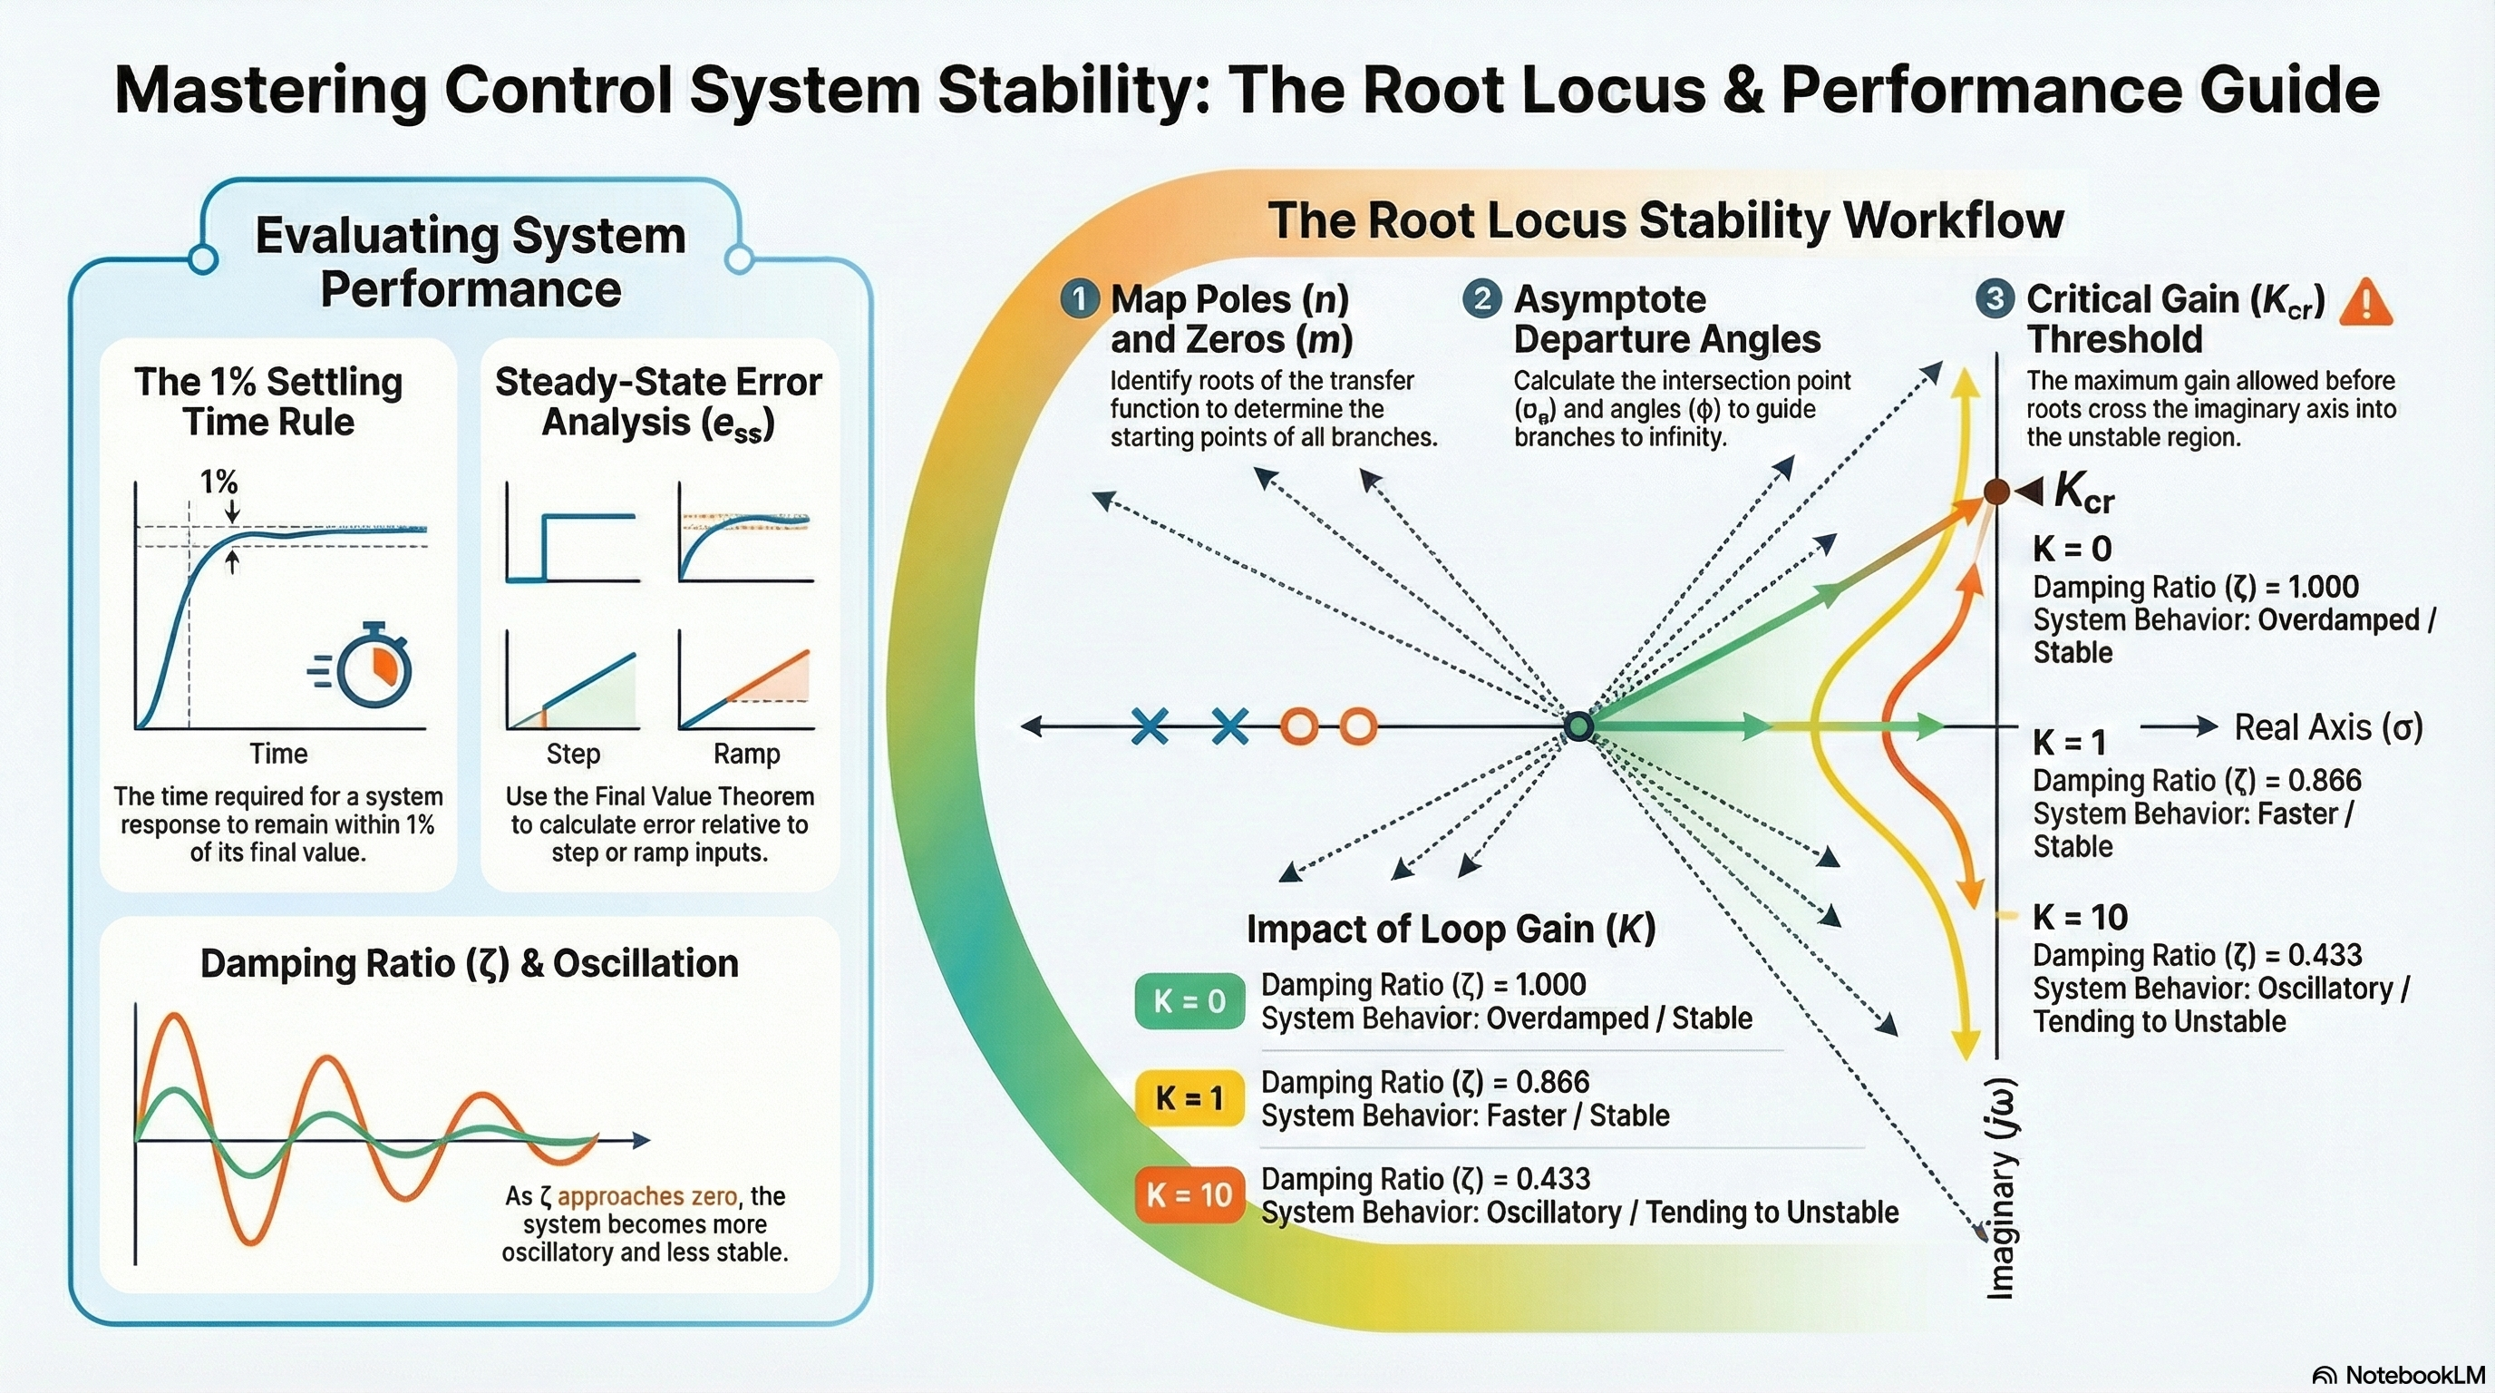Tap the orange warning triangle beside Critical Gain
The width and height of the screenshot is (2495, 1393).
click(2365, 303)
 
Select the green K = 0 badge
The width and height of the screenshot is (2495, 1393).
click(1189, 1001)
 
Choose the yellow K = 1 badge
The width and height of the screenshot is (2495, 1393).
click(1189, 1098)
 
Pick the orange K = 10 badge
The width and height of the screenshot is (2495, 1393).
click(1189, 1195)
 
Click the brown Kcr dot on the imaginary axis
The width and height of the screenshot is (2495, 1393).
click(1996, 492)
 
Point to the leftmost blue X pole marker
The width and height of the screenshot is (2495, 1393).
click(1150, 726)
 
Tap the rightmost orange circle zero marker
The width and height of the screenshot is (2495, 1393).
click(1358, 726)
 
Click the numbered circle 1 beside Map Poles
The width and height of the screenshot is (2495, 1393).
click(1079, 299)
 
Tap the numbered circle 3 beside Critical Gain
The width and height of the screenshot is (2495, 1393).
click(1995, 299)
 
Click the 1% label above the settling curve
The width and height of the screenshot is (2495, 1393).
click(218, 482)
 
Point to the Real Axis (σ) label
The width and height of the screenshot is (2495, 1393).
click(2327, 727)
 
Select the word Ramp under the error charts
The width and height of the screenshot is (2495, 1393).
click(746, 754)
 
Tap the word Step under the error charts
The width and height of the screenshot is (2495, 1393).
click(573, 754)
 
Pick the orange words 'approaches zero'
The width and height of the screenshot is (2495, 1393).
click(647, 1196)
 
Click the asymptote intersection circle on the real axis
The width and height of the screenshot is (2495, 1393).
click(1578, 726)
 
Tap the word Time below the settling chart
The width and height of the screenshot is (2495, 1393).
click(279, 754)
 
